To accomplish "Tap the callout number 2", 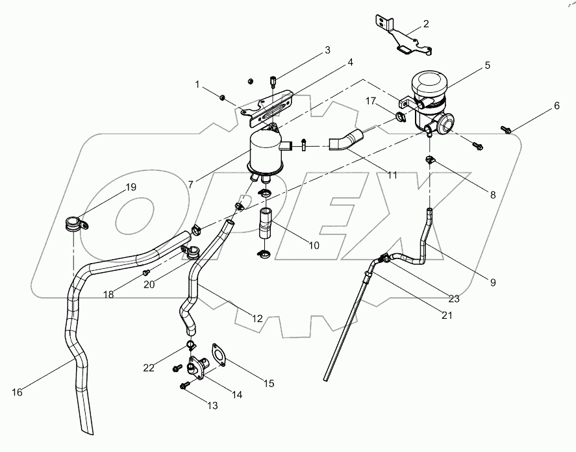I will (426, 24).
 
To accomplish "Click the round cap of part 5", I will (429, 84).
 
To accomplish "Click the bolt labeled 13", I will (184, 386).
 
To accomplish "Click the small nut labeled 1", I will (223, 97).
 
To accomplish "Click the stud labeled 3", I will (272, 82).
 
